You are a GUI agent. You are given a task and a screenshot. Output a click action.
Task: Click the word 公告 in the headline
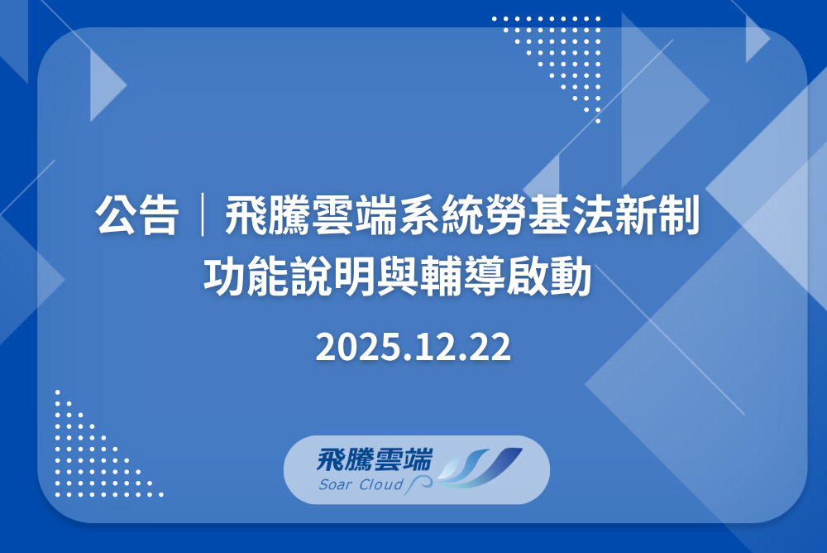pos(137,217)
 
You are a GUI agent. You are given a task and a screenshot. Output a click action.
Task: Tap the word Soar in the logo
pos(335,484)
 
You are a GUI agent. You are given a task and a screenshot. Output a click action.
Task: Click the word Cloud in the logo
pos(381,484)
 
